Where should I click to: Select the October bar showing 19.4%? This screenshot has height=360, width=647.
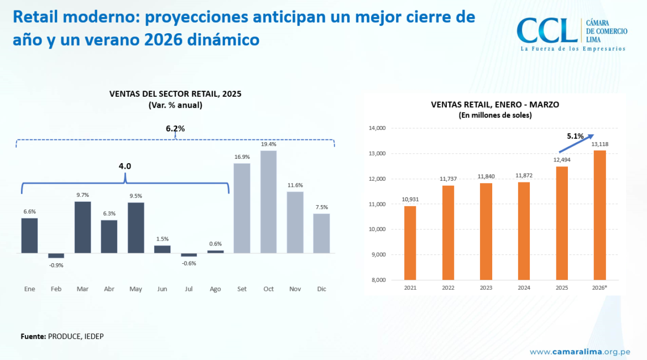(x=268, y=202)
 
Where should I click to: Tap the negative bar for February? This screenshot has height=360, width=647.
(x=56, y=255)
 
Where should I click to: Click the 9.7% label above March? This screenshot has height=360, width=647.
(x=82, y=195)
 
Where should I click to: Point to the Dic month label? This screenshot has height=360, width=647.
(x=321, y=289)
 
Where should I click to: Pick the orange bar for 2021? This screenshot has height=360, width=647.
(x=410, y=243)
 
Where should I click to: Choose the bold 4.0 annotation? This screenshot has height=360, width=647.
(x=125, y=165)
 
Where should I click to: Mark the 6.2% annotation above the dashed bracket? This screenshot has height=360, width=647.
(x=175, y=129)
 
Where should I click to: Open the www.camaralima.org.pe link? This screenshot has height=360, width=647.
(x=580, y=352)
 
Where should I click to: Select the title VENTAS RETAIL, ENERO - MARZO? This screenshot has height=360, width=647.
(x=495, y=105)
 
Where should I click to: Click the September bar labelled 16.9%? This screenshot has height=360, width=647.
(x=242, y=208)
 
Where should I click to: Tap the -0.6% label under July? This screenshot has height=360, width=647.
(x=189, y=263)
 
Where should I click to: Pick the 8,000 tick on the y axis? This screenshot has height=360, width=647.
(x=378, y=280)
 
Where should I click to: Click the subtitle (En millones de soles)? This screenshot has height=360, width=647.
(x=495, y=116)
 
